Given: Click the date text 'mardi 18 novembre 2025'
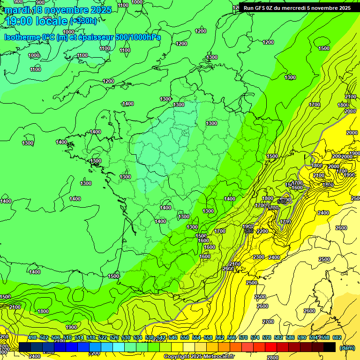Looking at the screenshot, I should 58,10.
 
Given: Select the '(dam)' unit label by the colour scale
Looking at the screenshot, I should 347,347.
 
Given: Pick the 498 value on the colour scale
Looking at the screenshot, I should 32,337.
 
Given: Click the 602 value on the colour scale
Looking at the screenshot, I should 337,337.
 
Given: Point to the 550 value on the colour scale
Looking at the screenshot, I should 185,337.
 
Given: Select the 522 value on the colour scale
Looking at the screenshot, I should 103,337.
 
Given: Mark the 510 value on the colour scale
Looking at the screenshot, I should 67,337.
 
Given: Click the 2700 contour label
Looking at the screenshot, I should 268,322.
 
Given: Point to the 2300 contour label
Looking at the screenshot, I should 258,257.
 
